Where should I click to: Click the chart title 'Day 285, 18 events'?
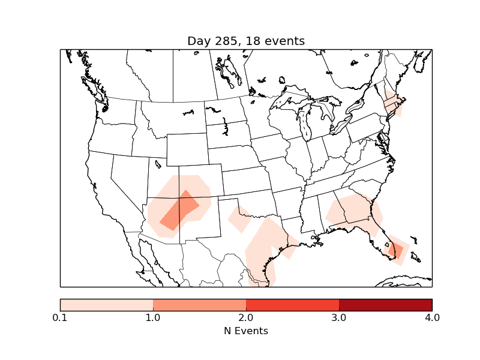(246, 41)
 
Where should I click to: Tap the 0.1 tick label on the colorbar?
(60, 317)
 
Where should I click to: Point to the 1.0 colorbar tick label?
(153, 317)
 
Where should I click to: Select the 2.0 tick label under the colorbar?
(246, 317)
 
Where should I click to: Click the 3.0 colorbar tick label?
(339, 317)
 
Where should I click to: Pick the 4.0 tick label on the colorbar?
(432, 317)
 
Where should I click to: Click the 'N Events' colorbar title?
(246, 331)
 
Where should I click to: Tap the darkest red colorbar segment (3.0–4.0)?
(385, 305)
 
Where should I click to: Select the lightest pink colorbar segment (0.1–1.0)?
(106, 305)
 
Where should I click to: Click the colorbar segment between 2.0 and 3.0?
(292, 305)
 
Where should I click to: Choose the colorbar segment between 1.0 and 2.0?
(199, 305)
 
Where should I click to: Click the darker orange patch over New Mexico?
(179, 211)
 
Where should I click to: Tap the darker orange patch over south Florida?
(397, 249)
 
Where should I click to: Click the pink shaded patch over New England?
(391, 103)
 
